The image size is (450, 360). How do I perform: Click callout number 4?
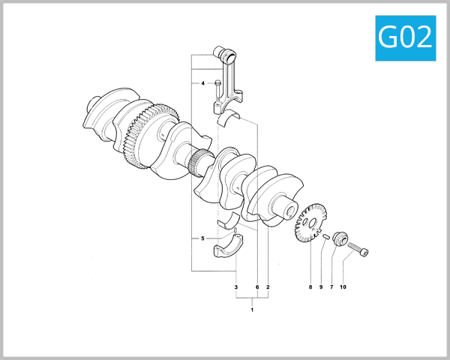202,83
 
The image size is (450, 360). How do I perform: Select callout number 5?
202,238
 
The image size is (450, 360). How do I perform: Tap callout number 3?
235,287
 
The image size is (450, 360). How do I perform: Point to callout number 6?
256,287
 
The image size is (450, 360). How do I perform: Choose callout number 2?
268,287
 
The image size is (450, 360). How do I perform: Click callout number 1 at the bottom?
252,310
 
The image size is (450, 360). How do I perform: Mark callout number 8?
310,287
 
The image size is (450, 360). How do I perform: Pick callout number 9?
320,287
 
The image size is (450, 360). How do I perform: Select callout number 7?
331,287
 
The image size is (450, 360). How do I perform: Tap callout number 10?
343,287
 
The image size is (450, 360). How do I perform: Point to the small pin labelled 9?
328,237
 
